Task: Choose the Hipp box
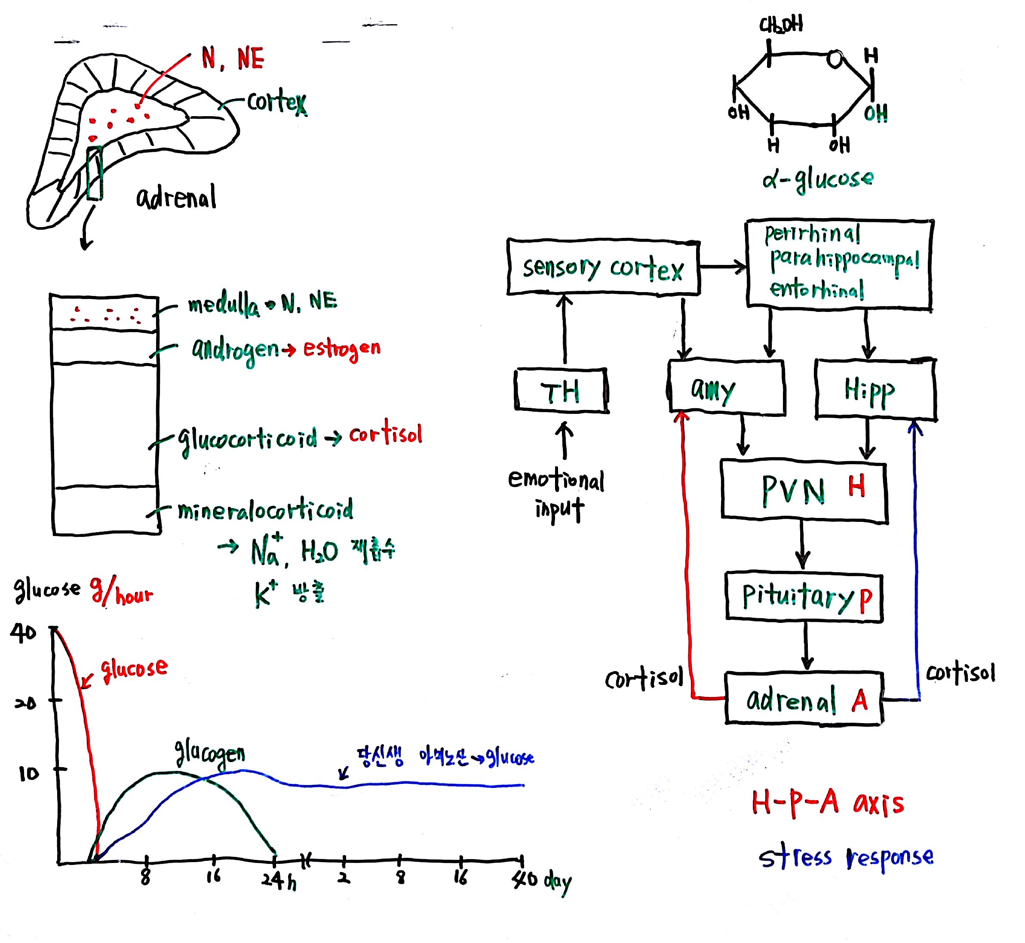point(875,389)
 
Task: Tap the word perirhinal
point(812,234)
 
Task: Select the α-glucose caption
point(817,179)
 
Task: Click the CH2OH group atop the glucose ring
point(781,24)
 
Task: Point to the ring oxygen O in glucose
point(835,59)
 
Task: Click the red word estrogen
point(342,349)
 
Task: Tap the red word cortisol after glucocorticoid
point(386,434)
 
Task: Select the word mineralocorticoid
point(265,509)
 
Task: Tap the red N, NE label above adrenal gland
point(233,58)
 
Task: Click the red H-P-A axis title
point(827,804)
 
